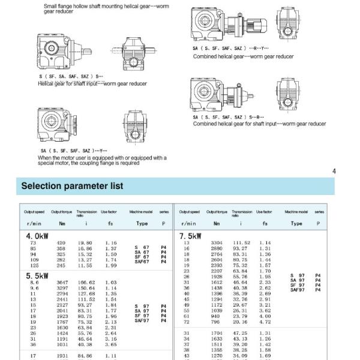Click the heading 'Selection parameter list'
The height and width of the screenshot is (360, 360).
point(72,186)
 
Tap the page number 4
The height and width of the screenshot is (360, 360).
point(334,172)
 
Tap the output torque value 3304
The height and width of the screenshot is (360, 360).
point(217,242)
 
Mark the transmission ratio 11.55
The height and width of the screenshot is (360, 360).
point(87,265)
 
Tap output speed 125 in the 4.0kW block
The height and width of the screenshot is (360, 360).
point(34,265)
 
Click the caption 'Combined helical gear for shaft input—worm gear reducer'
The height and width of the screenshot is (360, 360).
point(259,124)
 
